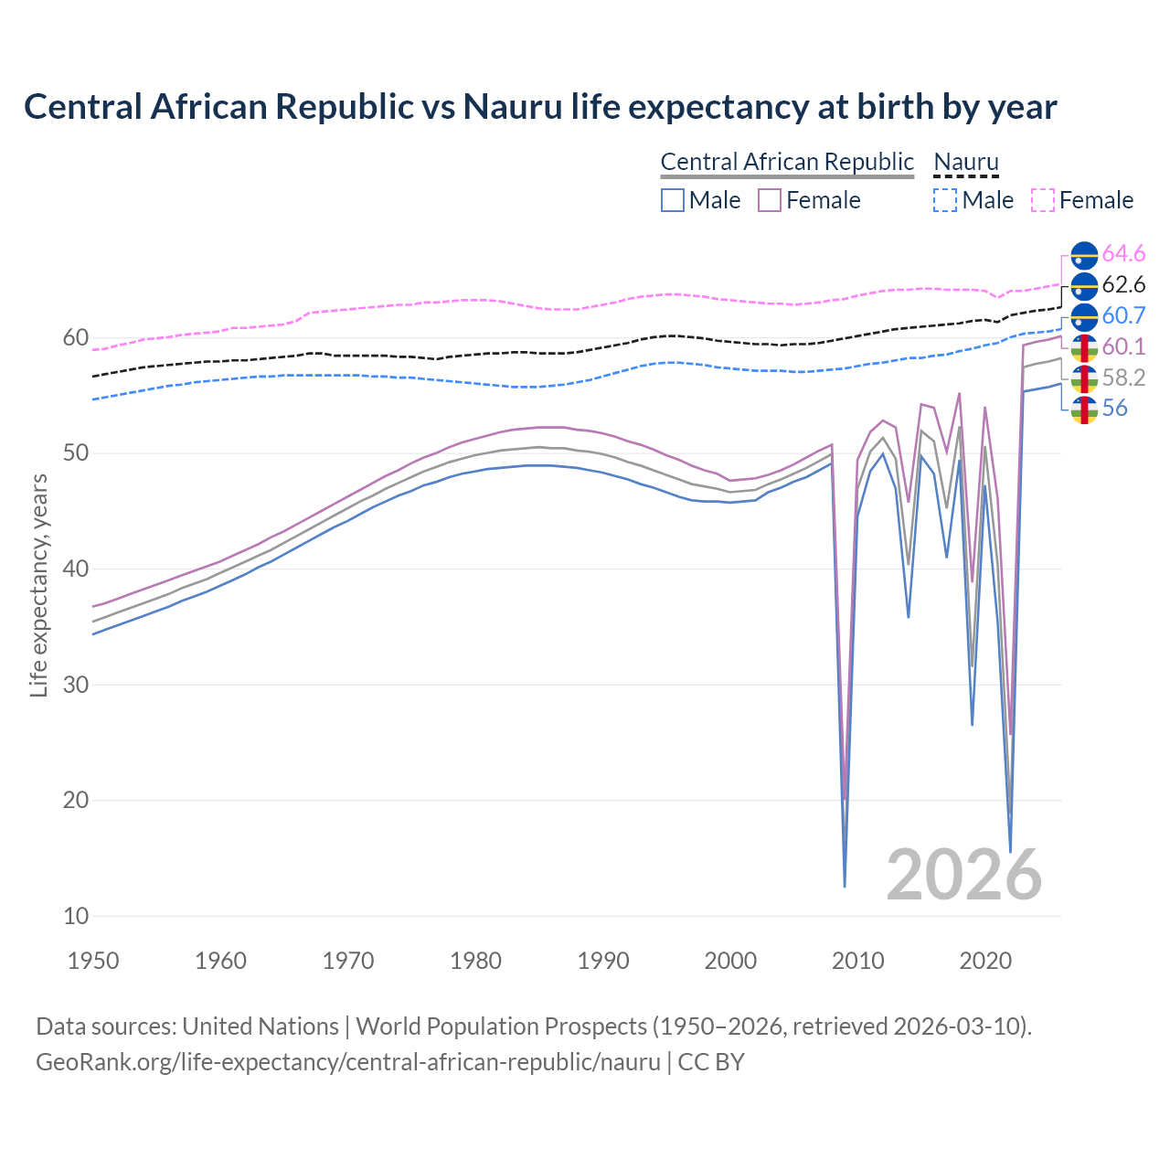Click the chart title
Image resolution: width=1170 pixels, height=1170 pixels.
(540, 107)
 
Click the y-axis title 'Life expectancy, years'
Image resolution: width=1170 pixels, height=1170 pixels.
(38, 585)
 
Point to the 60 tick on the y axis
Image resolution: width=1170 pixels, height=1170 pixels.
(75, 338)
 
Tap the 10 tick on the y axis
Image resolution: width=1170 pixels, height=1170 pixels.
(75, 916)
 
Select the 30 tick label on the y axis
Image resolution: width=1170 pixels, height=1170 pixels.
(75, 685)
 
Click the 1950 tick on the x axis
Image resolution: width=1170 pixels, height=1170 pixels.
(93, 961)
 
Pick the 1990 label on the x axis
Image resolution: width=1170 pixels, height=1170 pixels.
(603, 961)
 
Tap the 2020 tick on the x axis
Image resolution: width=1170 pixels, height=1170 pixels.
(985, 961)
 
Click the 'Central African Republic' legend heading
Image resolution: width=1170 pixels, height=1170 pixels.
(787, 162)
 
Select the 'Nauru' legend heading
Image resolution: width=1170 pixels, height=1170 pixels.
(965, 162)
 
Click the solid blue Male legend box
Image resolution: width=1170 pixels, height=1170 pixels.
(673, 200)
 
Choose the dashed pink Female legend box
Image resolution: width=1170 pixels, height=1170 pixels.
(1043, 200)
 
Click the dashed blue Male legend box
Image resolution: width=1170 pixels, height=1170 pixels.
(945, 200)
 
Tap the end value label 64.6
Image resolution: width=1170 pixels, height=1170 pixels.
(1123, 253)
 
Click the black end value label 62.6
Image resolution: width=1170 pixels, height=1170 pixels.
(1123, 284)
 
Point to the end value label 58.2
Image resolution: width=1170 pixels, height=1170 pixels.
(1123, 378)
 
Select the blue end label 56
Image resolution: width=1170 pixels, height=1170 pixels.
(1115, 409)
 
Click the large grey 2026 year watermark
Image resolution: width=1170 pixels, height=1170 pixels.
(964, 875)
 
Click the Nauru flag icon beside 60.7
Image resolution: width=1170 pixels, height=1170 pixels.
(1084, 316)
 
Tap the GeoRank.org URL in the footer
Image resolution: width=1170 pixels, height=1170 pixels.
(347, 1062)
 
